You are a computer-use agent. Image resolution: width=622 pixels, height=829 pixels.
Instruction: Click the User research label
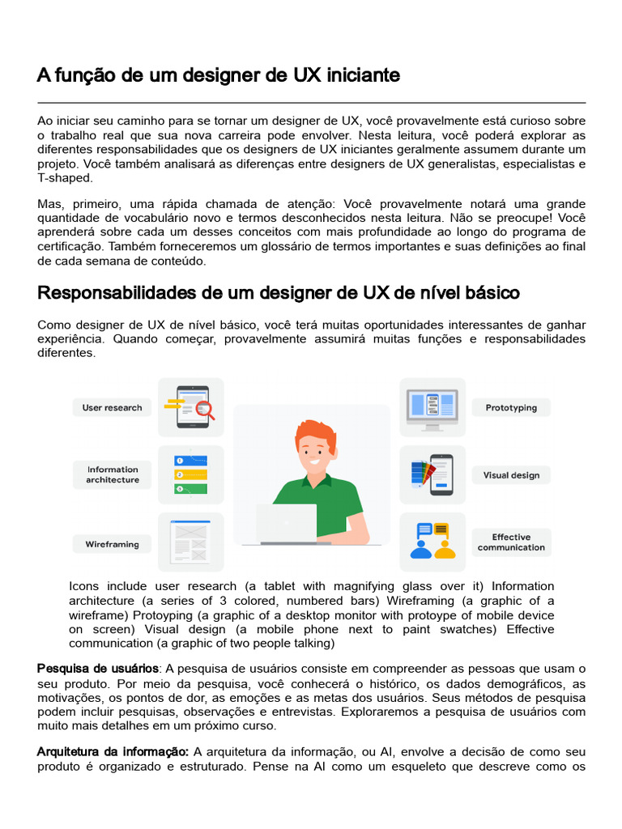pos(112,408)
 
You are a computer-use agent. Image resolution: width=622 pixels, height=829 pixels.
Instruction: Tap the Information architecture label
pos(113,474)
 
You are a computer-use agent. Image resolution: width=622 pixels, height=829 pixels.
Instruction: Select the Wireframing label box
pos(112,545)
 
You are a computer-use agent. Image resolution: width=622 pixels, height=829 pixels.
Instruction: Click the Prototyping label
pos(511,408)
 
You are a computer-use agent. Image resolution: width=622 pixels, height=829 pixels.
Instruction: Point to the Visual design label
pos(511,475)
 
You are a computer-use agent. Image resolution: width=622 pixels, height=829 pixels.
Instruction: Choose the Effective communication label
pos(511,542)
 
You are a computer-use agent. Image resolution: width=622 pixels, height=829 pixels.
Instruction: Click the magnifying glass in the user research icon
pos(204,410)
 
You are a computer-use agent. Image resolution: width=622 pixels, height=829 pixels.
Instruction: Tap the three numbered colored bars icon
pos(190,474)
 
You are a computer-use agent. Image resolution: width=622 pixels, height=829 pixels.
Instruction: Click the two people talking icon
pos(432,541)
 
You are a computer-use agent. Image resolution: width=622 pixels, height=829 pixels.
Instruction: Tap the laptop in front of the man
pos(287,523)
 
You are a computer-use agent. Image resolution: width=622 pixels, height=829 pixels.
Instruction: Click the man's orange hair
pos(315,433)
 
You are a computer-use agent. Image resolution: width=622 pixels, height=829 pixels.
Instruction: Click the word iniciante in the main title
pos(363,75)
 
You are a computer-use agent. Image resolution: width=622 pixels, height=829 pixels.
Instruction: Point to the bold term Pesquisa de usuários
pos(98,669)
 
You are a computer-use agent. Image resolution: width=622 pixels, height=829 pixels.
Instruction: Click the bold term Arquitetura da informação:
pos(113,751)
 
